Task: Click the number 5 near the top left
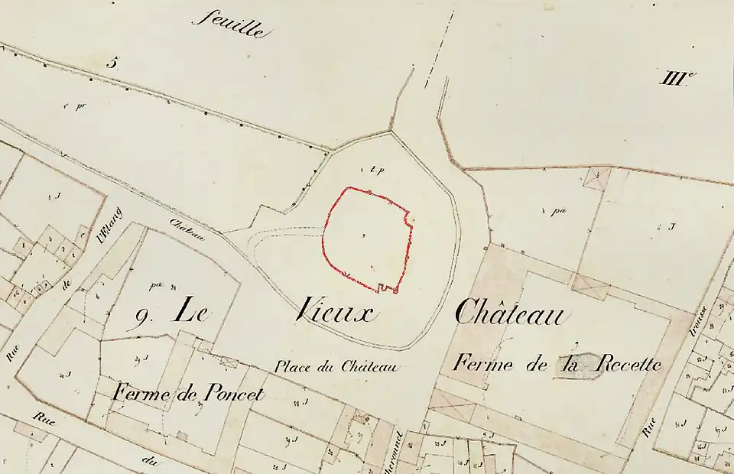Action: click(112, 62)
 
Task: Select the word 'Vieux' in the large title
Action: click(333, 311)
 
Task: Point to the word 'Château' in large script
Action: click(512, 311)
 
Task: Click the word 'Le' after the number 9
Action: click(193, 310)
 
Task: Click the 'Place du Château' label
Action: click(336, 367)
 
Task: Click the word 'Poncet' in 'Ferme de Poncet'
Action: click(233, 394)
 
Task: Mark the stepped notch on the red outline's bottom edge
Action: click(388, 288)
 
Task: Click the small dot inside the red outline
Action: click(362, 236)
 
